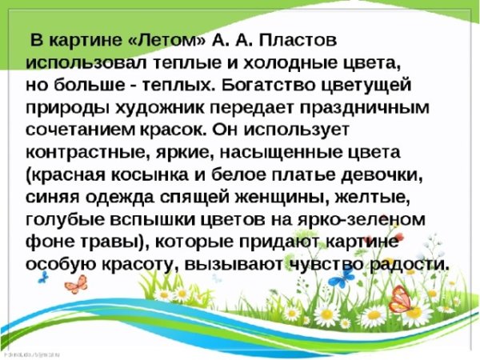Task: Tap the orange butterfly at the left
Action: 74,284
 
